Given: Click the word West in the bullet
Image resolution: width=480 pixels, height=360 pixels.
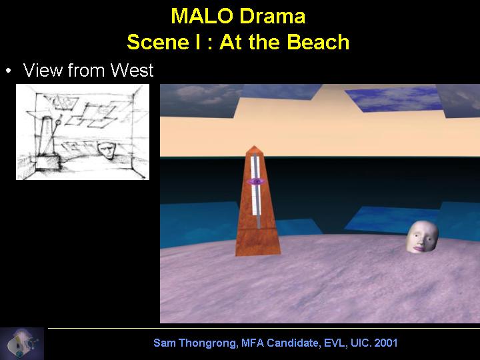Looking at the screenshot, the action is [x=131, y=70].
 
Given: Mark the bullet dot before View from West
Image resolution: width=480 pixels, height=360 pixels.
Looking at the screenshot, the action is [x=8, y=71].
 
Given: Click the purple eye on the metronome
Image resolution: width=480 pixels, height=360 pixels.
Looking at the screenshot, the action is [x=256, y=182].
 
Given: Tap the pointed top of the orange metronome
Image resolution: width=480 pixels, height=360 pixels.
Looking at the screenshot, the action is [x=254, y=146].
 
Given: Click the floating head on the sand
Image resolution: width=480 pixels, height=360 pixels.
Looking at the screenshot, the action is [x=423, y=237].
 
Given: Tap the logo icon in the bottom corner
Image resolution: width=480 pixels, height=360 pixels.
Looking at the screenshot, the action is [x=22, y=344].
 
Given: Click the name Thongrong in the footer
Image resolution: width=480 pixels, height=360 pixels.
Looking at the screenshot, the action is [x=207, y=343].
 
